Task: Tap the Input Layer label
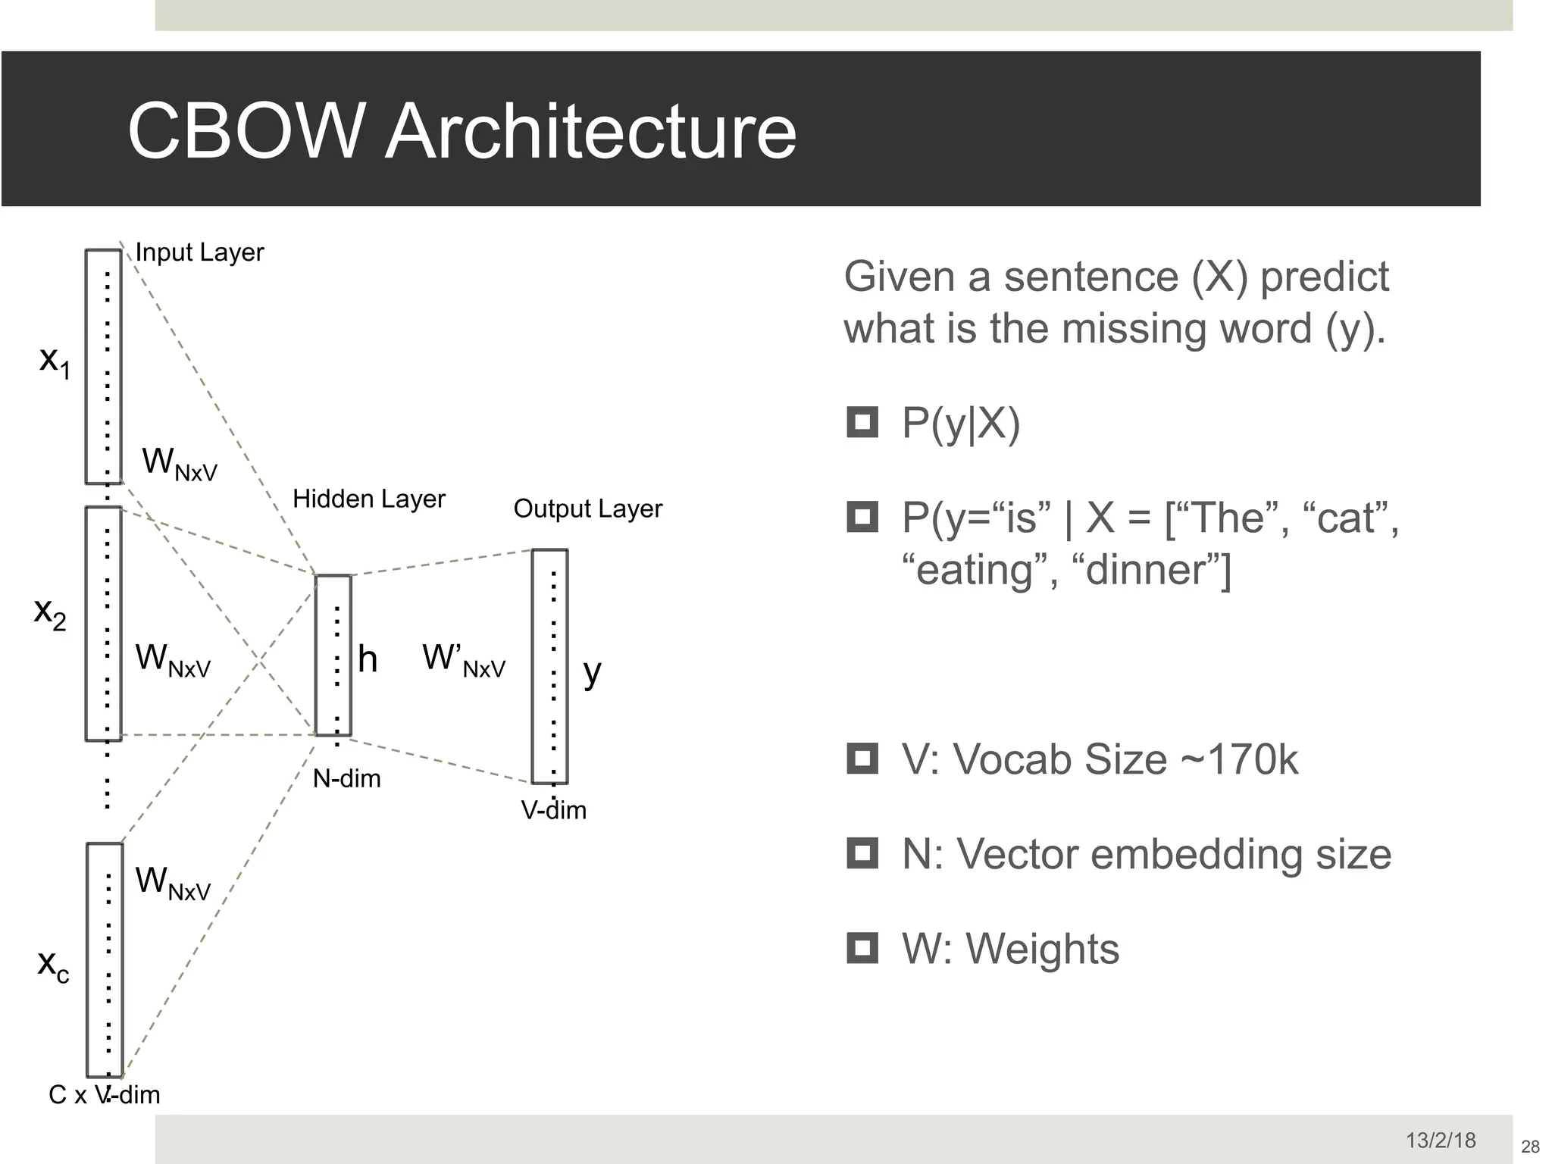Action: pos(199,252)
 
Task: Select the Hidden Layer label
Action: pos(369,499)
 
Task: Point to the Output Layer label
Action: pos(587,508)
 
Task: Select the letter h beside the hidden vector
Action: pos(368,659)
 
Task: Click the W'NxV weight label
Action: pos(463,659)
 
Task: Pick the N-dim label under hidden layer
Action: pos(346,778)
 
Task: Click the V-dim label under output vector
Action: pos(553,810)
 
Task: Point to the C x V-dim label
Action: pos(105,1094)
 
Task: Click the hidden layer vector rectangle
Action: pos(333,655)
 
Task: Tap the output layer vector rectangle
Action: pos(549,666)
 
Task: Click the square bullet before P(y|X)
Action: pos(862,423)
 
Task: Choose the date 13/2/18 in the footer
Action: pos(1441,1140)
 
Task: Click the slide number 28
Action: pos(1529,1147)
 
